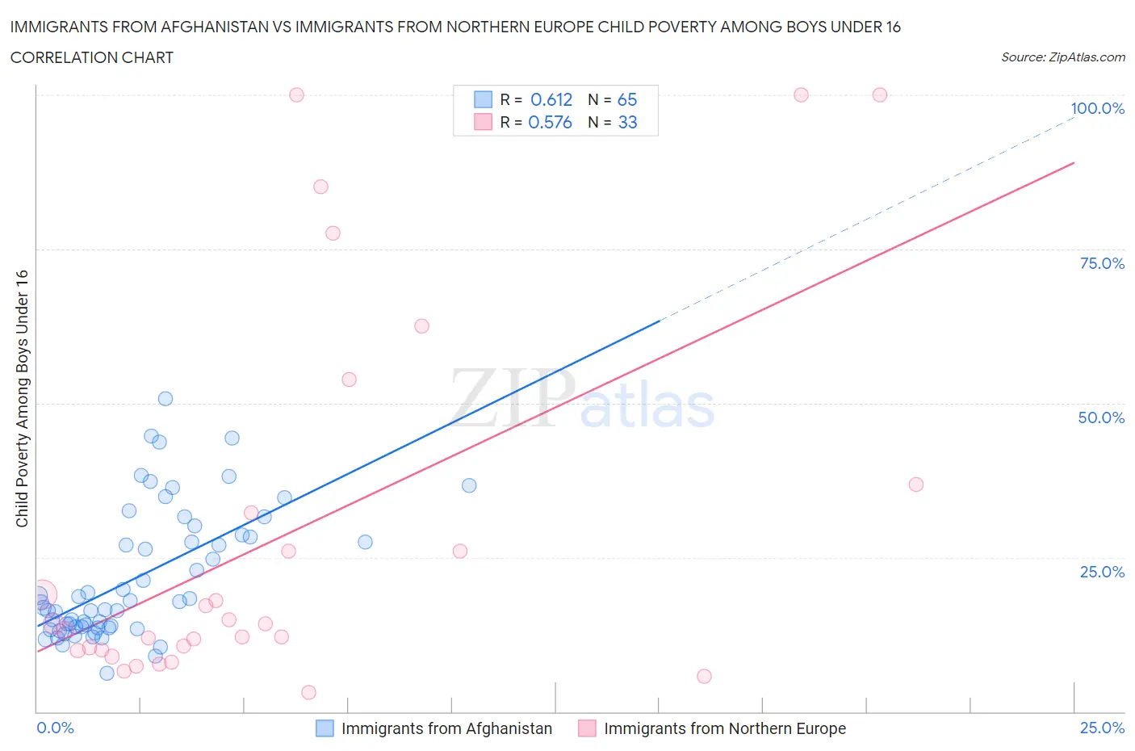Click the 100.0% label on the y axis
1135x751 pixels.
point(1097,109)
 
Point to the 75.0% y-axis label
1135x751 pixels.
point(1102,263)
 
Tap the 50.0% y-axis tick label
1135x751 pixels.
point(1101,417)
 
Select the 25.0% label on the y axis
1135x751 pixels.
point(1102,572)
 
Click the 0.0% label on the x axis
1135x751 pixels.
point(55,728)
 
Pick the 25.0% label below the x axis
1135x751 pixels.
point(1102,728)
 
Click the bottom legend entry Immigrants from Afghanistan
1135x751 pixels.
point(446,728)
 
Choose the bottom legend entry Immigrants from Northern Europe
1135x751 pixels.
point(724,728)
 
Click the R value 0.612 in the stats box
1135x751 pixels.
point(551,99)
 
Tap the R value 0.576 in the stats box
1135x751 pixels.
point(550,122)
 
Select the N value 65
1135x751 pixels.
point(627,99)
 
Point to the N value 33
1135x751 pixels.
point(627,122)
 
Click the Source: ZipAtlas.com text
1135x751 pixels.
point(1062,57)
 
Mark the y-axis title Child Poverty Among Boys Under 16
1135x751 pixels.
point(23,398)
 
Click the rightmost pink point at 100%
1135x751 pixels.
point(880,94)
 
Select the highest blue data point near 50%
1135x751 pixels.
point(165,398)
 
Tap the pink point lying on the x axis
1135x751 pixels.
point(308,692)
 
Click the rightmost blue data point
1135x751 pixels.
point(469,485)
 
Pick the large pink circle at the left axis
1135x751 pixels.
point(42,594)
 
